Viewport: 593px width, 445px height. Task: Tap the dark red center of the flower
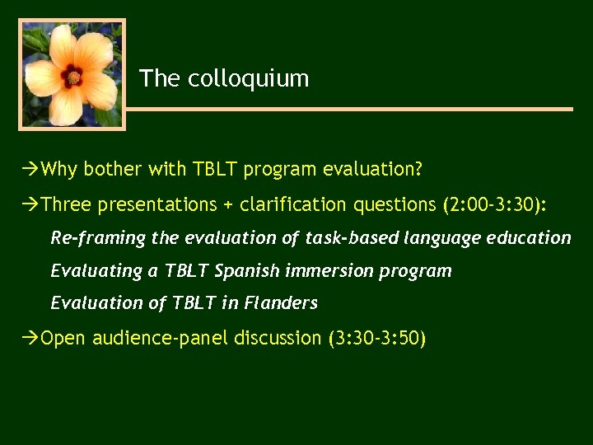73,77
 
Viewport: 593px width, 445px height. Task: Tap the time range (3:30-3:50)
377,338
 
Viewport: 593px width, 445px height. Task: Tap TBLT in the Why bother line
214,170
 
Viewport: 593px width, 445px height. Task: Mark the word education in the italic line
529,238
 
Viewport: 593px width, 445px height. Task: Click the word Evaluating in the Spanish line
96,270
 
